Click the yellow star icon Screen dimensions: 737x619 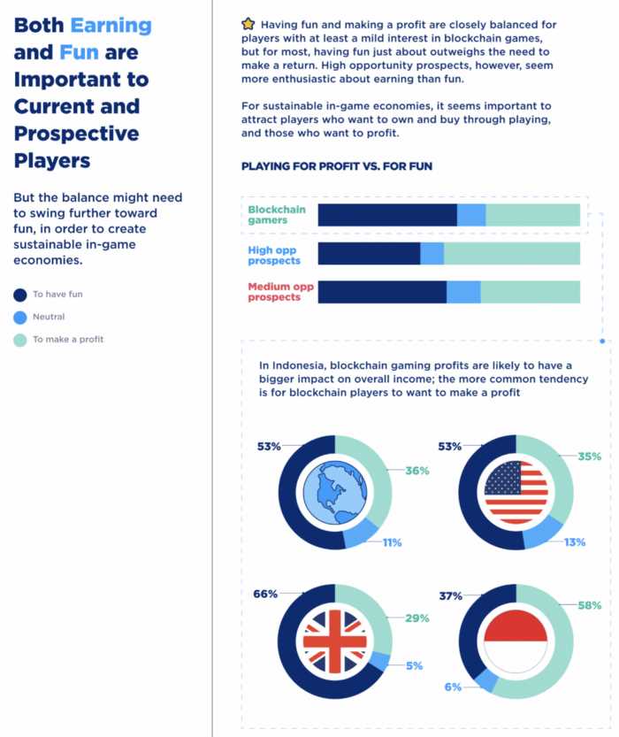[x=248, y=25]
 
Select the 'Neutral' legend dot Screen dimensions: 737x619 [x=19, y=317]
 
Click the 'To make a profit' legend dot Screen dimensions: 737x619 [x=19, y=339]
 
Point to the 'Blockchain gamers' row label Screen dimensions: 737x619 [x=276, y=215]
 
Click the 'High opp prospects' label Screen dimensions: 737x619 [x=274, y=255]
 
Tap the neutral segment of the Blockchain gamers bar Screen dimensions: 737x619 [x=471, y=215]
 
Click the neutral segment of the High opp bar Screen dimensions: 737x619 [x=432, y=254]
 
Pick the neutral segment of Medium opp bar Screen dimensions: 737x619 [x=463, y=292]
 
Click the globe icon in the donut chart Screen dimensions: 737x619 [x=334, y=492]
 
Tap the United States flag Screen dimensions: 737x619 [x=516, y=492]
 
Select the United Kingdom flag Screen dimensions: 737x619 [x=334, y=641]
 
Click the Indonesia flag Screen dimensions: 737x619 [x=516, y=641]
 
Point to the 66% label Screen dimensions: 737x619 [x=265, y=595]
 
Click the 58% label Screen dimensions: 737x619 [x=590, y=605]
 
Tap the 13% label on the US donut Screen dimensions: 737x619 [x=574, y=541]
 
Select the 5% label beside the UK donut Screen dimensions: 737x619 [x=414, y=665]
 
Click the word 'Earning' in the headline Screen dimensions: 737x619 [x=111, y=25]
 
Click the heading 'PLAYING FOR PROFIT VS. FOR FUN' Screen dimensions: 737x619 [x=336, y=165]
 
